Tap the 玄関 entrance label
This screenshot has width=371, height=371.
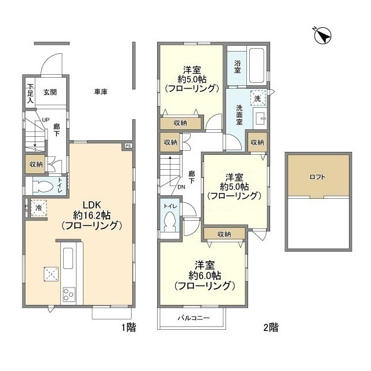coord(50,92)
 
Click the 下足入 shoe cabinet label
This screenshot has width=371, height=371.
coord(30,94)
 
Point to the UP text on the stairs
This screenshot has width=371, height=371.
coord(45,120)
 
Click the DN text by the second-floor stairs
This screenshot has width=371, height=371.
coord(181,187)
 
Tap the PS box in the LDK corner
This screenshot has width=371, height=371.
coord(128,146)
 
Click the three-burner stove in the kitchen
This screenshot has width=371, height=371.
coord(68,294)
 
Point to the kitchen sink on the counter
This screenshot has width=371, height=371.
coord(67,257)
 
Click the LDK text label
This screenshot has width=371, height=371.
coord(92,205)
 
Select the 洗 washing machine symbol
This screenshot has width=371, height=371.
coord(257,99)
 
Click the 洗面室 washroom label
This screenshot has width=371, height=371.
coord(242,114)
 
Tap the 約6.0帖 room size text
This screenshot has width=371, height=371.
coord(203,275)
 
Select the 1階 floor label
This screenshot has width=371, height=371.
coord(128,328)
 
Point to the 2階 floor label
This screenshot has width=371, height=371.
coord(270,328)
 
